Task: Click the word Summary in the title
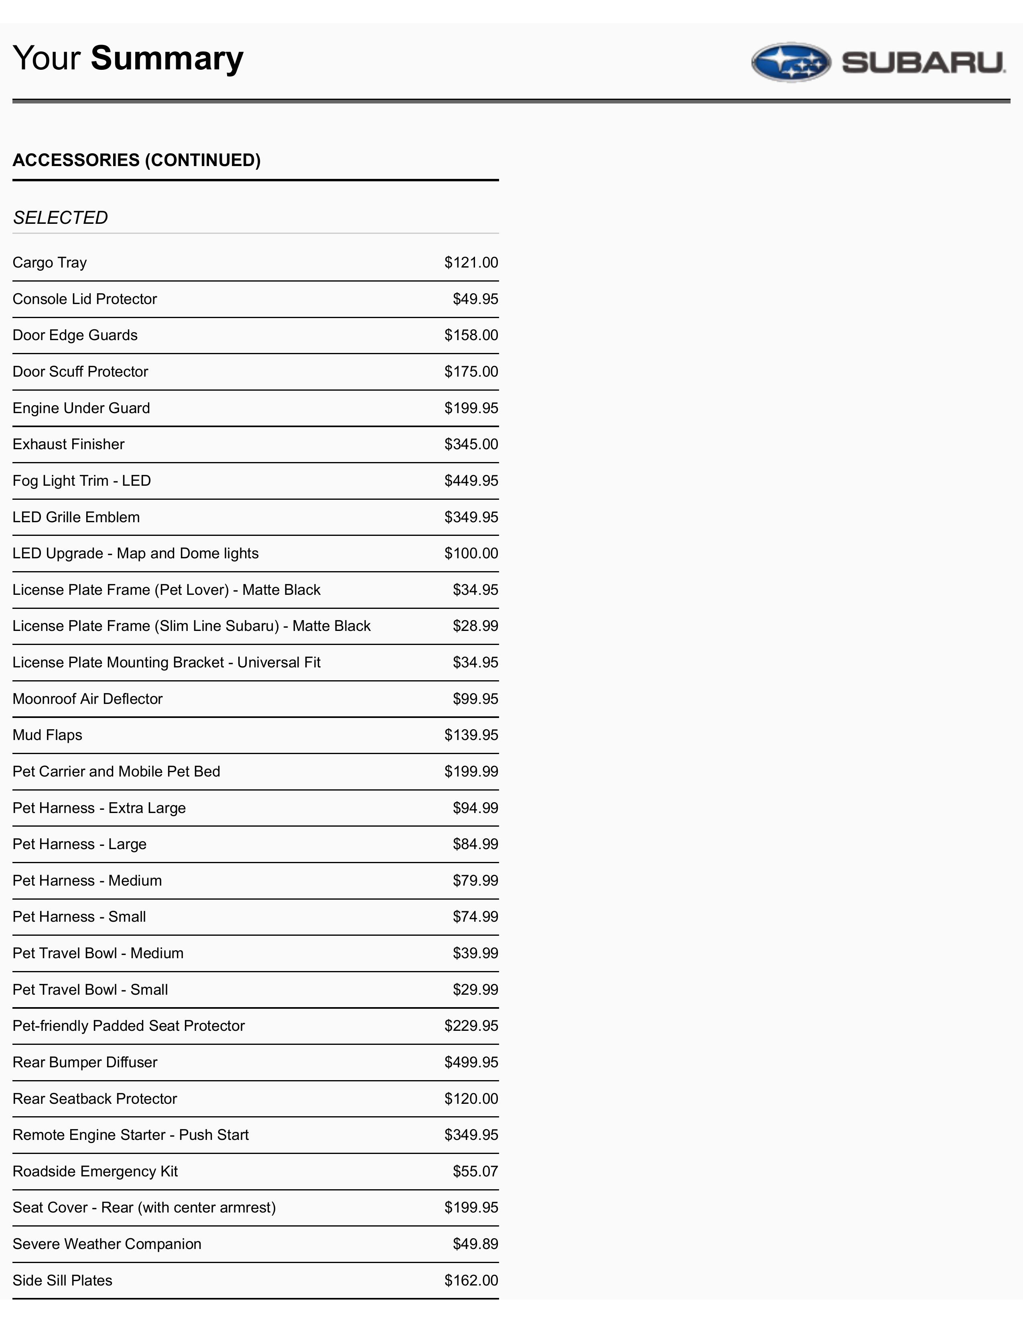[x=167, y=58]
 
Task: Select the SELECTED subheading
[x=61, y=218]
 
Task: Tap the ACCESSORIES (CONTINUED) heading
[x=136, y=160]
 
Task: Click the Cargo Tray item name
[x=50, y=262]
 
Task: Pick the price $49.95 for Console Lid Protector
[x=475, y=299]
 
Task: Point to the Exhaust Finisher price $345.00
[x=471, y=444]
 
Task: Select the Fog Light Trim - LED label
[x=82, y=481]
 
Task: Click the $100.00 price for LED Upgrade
[x=471, y=554]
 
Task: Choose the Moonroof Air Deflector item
[x=88, y=699]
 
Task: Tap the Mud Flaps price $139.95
[x=471, y=735]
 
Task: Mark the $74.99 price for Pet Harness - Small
[x=475, y=916]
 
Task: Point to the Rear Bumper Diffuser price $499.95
[x=471, y=1062]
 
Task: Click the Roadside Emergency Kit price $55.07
[x=475, y=1171]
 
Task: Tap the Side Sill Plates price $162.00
[x=471, y=1280]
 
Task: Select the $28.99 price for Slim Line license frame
[x=475, y=626]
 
